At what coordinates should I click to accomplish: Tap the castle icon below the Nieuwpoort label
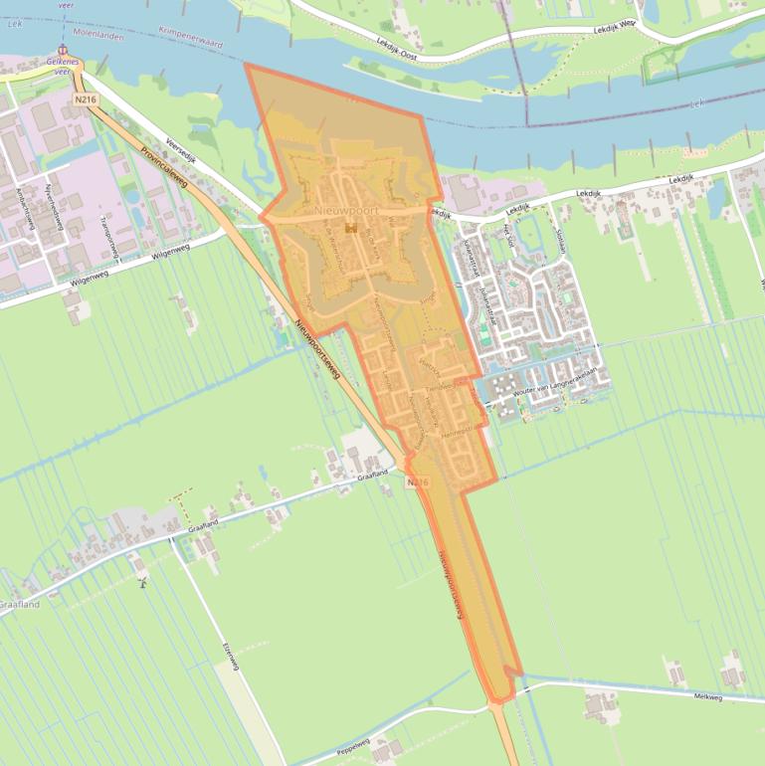349,228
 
